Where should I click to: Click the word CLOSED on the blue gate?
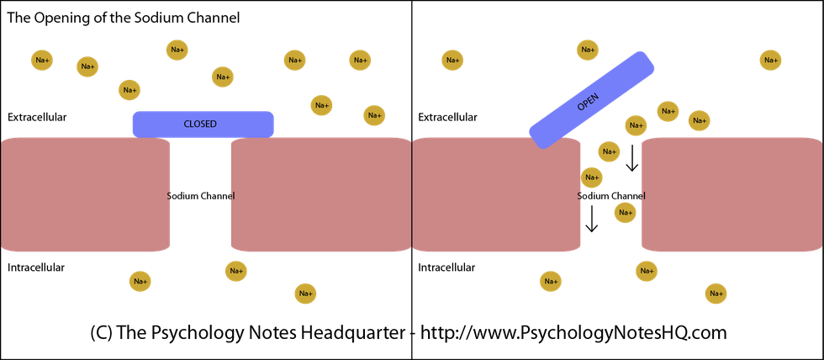pos(200,124)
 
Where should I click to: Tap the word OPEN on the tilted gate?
pos(589,102)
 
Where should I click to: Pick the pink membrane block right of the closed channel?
pos(320,194)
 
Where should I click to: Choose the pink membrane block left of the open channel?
pos(496,194)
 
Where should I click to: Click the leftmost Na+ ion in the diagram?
pos(42,61)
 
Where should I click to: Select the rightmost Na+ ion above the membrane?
pos(770,61)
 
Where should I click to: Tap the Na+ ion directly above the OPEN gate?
pos(587,50)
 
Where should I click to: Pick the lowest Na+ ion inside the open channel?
pos(625,213)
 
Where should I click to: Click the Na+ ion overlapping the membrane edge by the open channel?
pos(591,177)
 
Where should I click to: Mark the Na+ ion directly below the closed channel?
pos(235,272)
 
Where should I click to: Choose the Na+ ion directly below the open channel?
pos(646,272)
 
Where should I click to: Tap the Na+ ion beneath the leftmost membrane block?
pos(140,281)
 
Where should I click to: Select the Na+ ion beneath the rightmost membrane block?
pos(716,294)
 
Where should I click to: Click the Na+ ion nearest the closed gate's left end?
pos(129,90)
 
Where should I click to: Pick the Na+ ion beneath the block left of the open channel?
pos(550,281)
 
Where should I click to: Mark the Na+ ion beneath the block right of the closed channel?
pos(305,294)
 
